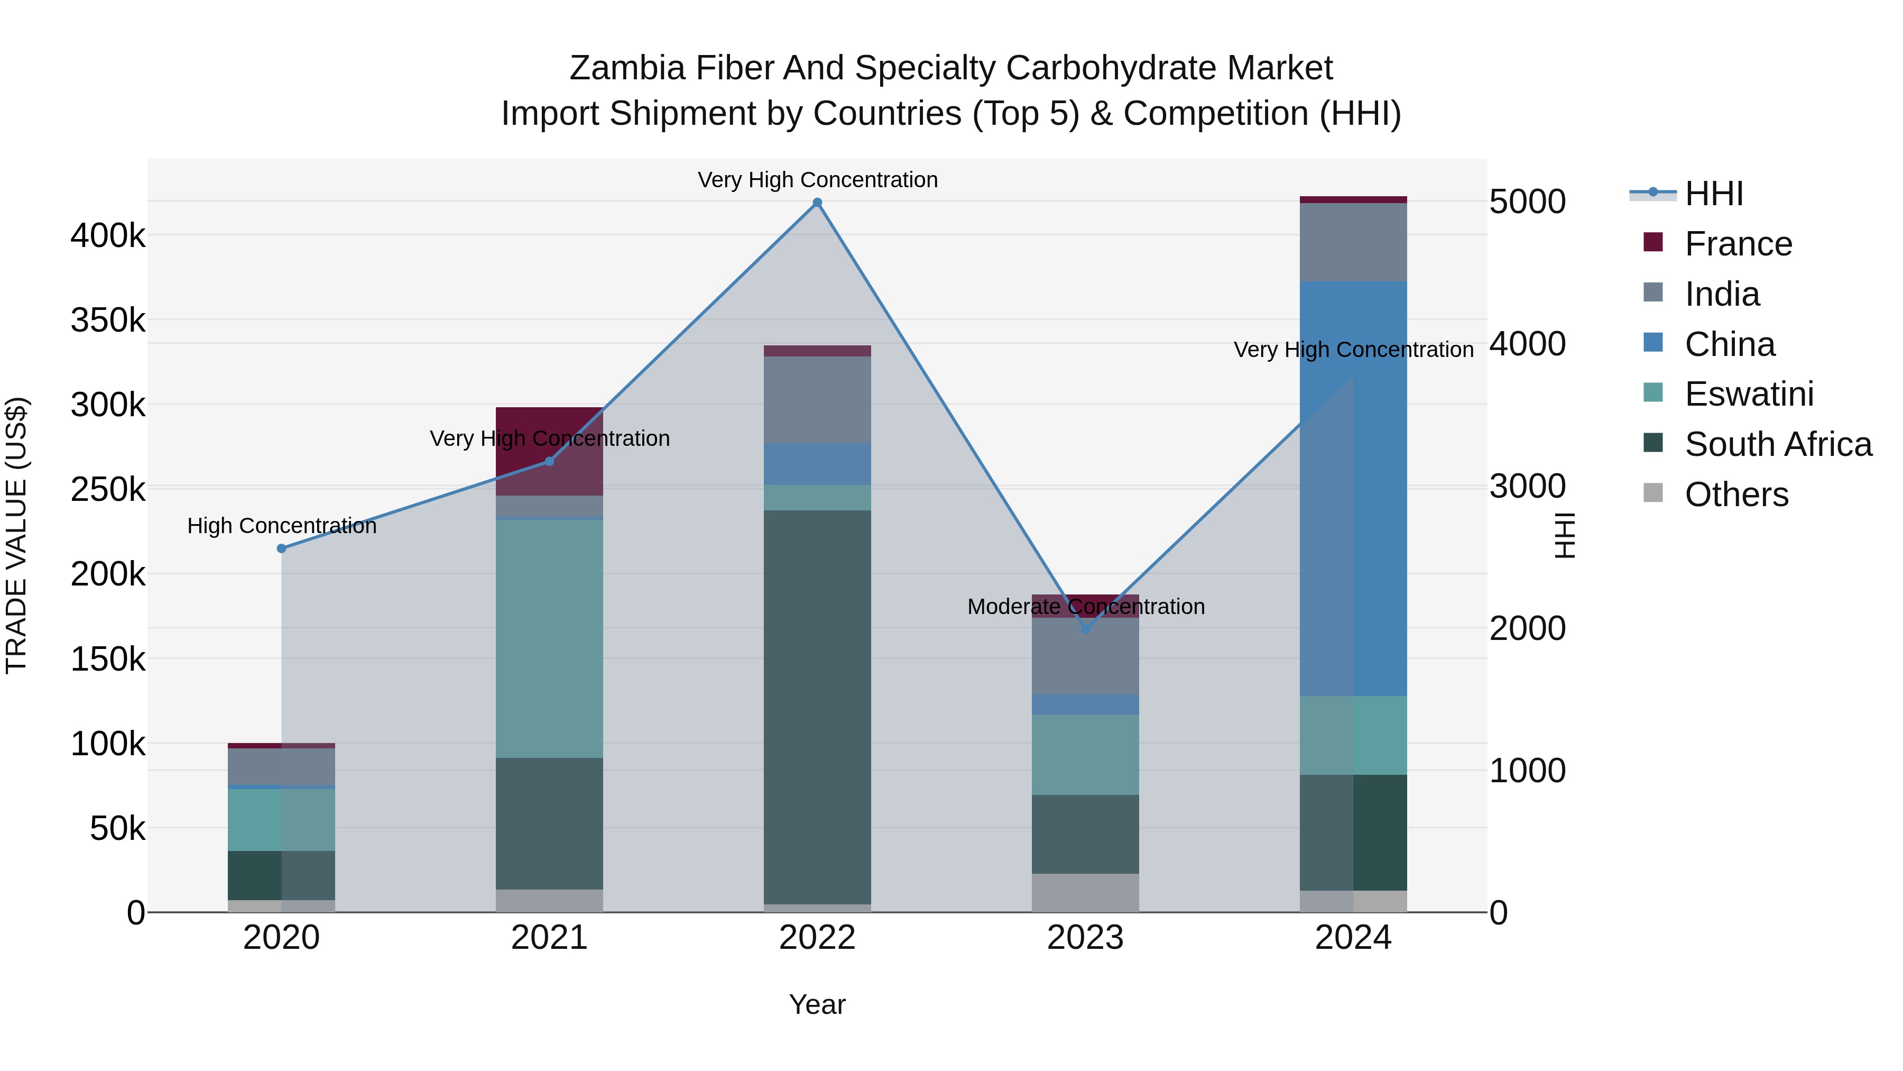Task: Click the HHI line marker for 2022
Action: (817, 203)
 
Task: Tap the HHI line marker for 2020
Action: (281, 548)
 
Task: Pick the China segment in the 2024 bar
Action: (1353, 488)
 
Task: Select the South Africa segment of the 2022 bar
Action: (817, 707)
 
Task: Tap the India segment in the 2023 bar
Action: (1085, 656)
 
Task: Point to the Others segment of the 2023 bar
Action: (1085, 893)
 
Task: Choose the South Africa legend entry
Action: (1777, 444)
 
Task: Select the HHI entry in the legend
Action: (1714, 194)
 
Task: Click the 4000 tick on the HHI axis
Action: (1527, 344)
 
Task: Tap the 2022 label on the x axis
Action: (817, 938)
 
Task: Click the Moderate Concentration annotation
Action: (1085, 607)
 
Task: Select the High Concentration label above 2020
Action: (281, 526)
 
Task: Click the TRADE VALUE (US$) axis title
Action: (16, 535)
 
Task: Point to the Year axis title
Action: (817, 1004)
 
